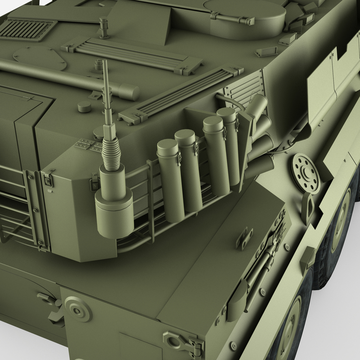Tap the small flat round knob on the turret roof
tap(83, 107)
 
